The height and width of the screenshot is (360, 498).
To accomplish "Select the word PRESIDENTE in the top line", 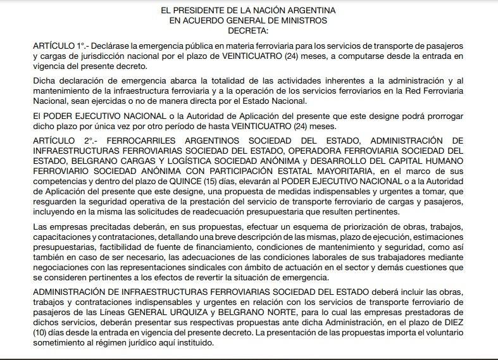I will (x=218, y=11).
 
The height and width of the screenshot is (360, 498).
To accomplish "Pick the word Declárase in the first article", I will (x=114, y=47).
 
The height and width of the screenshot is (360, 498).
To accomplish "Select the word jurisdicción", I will (x=105, y=57).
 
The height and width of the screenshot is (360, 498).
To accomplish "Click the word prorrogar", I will (x=445, y=116).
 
